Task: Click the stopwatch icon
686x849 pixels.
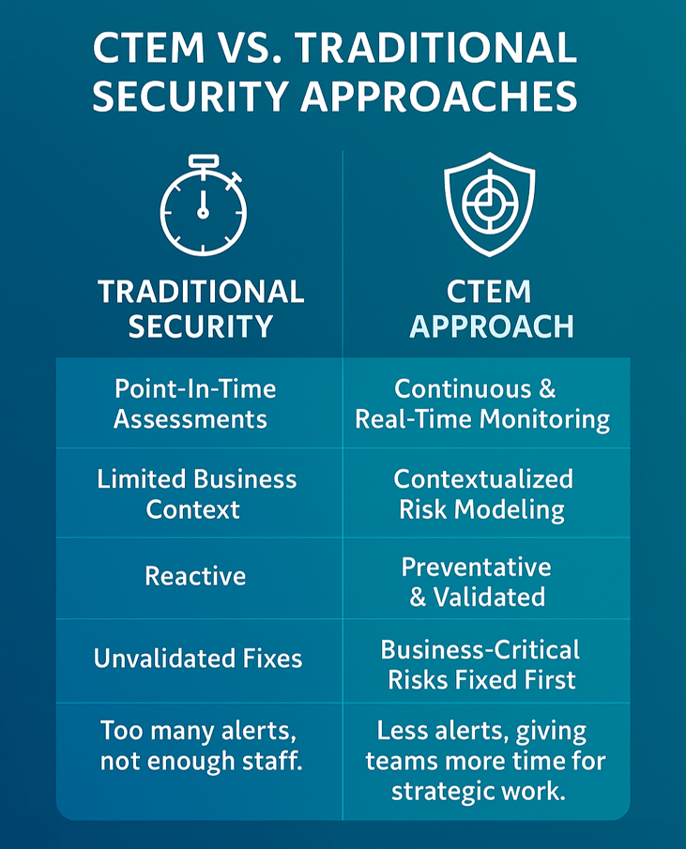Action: (203, 205)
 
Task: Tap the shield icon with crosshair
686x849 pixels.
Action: (490, 205)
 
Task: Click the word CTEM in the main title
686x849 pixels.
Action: (149, 48)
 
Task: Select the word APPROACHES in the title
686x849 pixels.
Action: (439, 97)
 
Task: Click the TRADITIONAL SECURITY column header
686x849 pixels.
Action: (201, 309)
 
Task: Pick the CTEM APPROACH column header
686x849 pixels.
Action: (491, 309)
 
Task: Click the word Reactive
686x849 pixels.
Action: (195, 576)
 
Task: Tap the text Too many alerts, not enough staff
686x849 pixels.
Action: (201, 746)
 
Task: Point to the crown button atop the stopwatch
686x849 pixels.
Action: (204, 160)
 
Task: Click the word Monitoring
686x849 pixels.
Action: (544, 420)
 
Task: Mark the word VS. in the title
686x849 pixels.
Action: (250, 48)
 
